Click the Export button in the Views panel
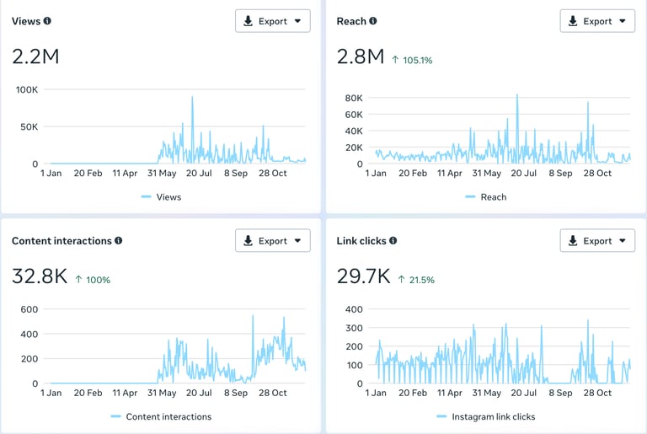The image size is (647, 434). pos(272,21)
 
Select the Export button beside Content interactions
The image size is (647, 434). pos(272,240)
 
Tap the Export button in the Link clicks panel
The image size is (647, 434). pos(597,240)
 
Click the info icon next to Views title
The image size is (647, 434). pos(47,21)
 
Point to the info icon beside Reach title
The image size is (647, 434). pos(373,21)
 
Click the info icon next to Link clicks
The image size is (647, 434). pos(393,240)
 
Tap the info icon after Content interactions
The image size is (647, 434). pos(119,240)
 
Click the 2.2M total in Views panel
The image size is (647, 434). pos(35,56)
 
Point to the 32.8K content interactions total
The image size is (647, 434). pos(40,276)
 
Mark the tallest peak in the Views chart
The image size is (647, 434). pos(192,97)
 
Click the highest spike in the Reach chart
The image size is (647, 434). pos(517,95)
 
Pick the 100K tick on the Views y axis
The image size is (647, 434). pos(26,89)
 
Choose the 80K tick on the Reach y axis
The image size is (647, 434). pos(354,98)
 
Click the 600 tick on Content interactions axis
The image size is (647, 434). pos(29,309)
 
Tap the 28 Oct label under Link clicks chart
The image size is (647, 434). pos(597,393)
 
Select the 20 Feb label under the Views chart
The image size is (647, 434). pos(88,173)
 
